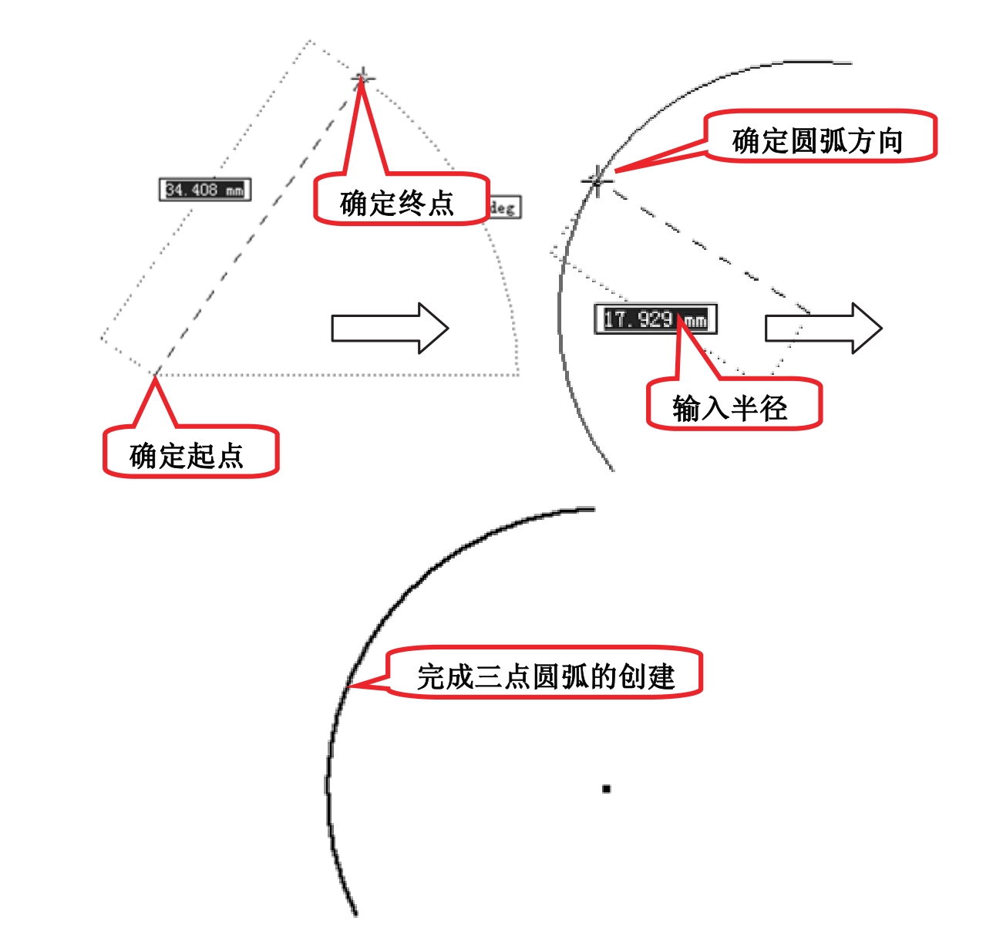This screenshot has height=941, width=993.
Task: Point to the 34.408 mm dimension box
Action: (x=205, y=190)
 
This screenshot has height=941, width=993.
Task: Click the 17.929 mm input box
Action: (x=655, y=319)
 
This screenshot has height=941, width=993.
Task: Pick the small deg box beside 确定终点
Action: (x=504, y=207)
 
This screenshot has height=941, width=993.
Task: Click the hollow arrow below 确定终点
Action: (x=389, y=328)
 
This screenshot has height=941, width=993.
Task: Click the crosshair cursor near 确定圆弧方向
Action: (x=597, y=181)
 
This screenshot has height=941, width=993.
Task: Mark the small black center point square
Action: (x=607, y=788)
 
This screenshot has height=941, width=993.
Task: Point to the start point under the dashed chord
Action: (x=155, y=376)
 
